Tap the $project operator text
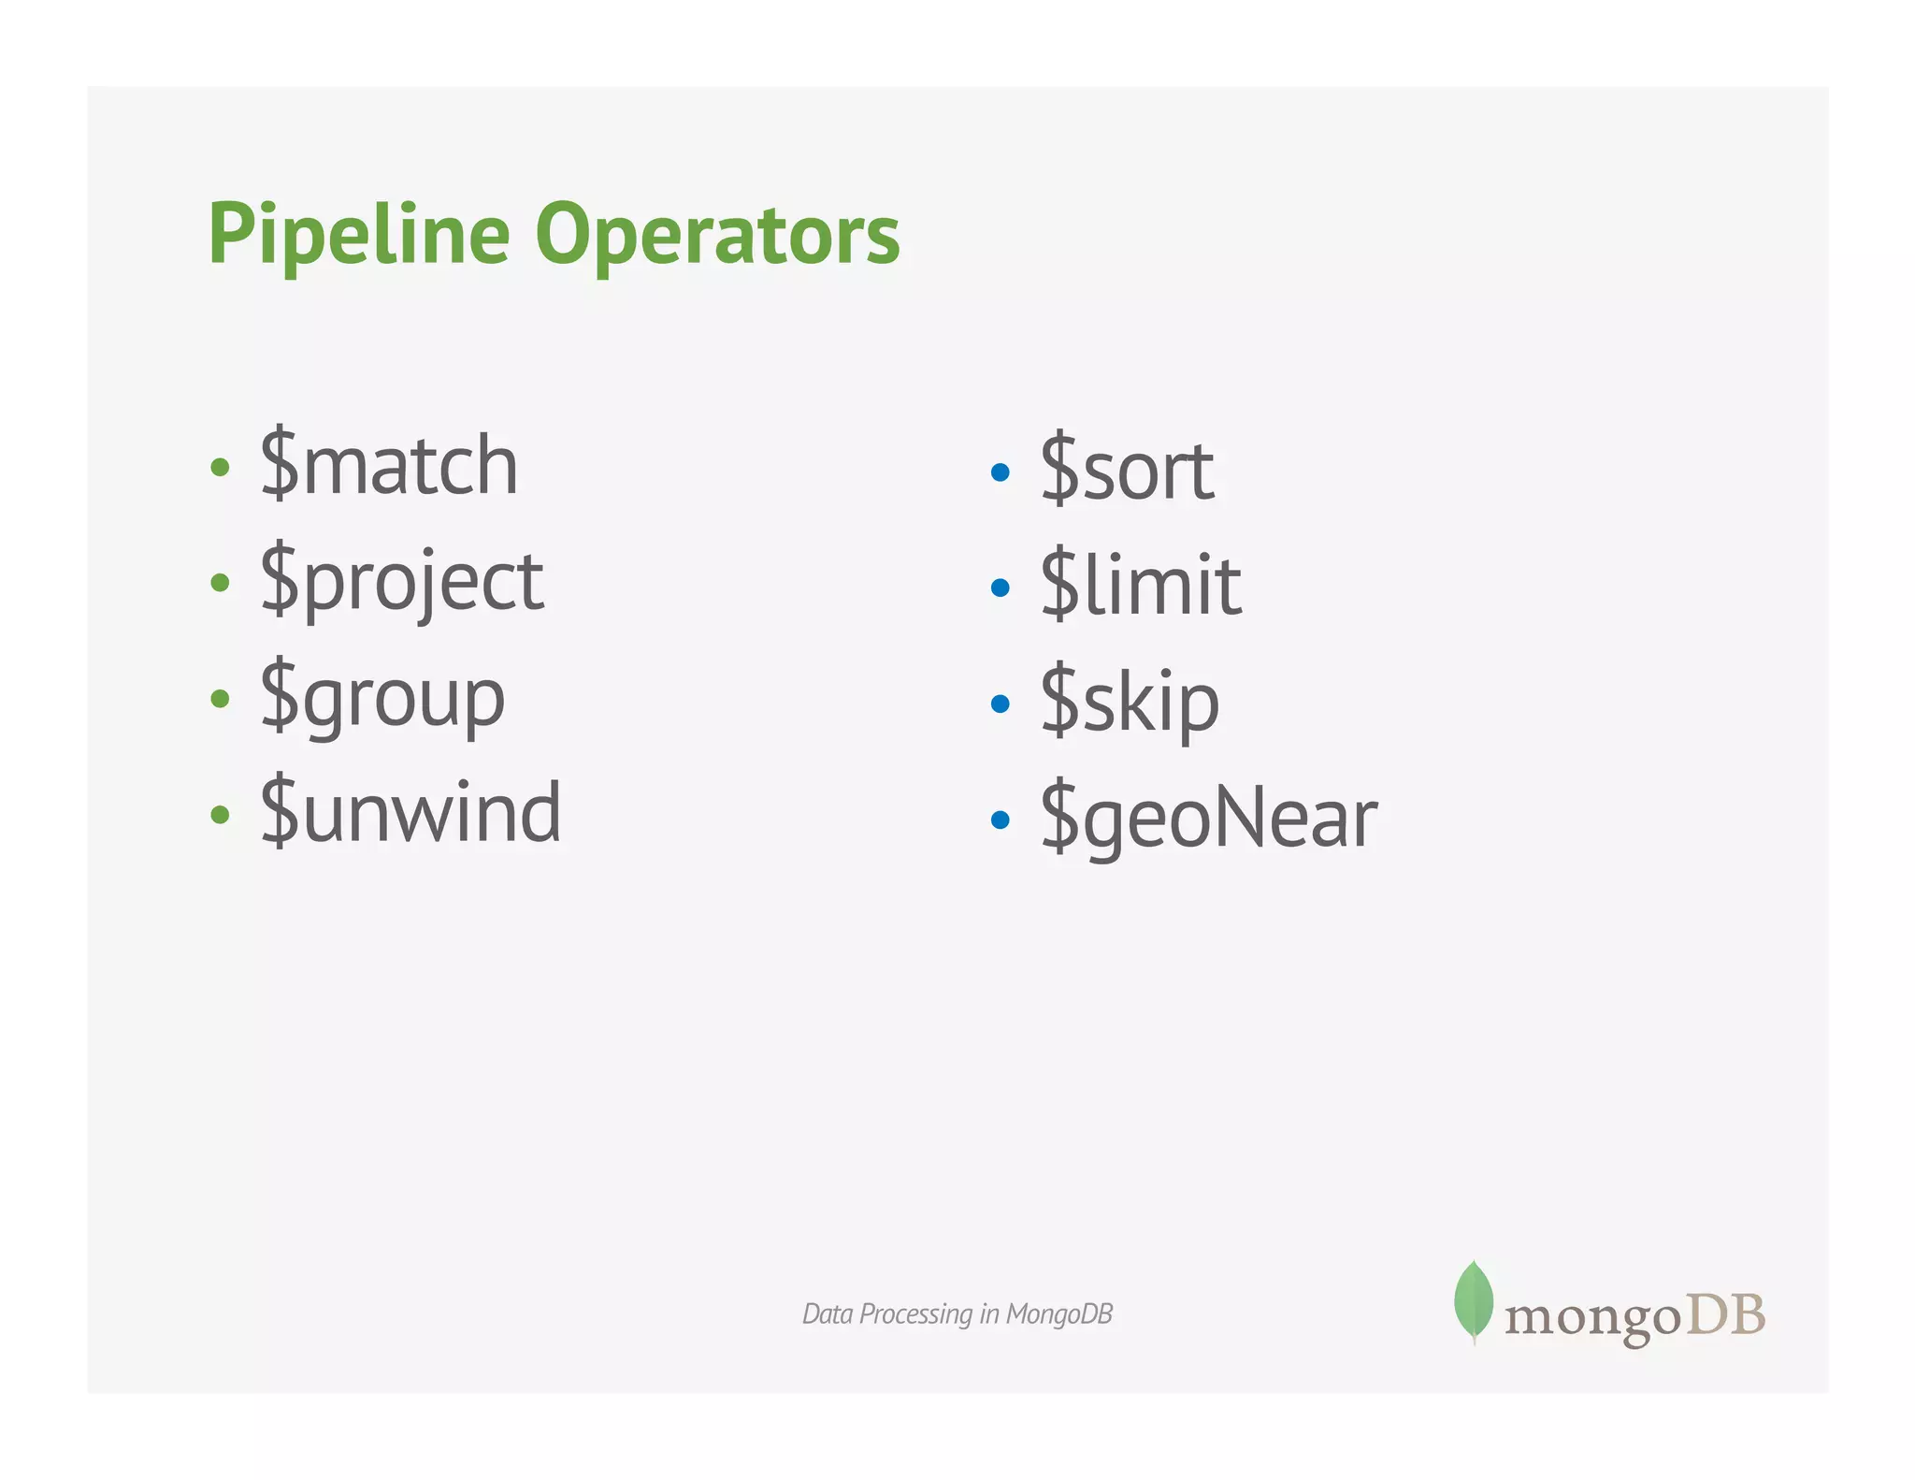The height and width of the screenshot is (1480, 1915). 402,582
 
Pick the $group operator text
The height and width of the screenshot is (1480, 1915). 382,698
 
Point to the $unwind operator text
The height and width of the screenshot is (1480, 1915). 410,812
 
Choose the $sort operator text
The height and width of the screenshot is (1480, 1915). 1127,470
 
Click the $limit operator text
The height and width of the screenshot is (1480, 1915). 1141,586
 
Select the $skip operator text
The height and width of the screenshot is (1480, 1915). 1130,702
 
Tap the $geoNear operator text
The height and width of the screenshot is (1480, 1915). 1209,818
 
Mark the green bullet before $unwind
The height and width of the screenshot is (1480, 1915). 221,814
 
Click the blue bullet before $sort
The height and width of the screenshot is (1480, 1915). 1000,472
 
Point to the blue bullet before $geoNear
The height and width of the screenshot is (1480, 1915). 1000,820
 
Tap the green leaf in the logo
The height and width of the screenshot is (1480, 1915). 1474,1300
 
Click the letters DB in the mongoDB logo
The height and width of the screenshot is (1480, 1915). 1725,1315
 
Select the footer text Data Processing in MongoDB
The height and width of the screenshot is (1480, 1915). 957,1314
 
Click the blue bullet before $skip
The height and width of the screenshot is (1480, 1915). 1000,704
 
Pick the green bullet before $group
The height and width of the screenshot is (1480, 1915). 221,699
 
